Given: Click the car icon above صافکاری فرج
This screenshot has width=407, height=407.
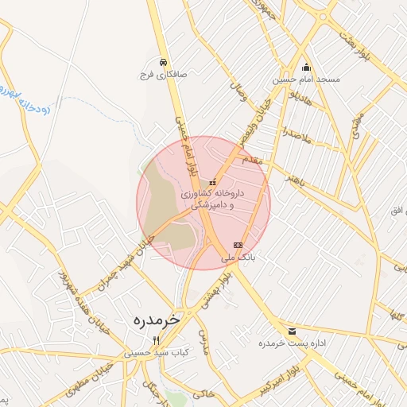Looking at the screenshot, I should pos(163,61).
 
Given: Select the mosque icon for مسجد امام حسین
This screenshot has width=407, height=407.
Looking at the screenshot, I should pos(307,68).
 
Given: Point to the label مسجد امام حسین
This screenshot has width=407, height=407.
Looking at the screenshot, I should pos(307,79).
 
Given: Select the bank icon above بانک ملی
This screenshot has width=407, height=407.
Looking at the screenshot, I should pos(237,245).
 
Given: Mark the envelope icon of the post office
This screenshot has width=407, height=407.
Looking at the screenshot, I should pos(293,331).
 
